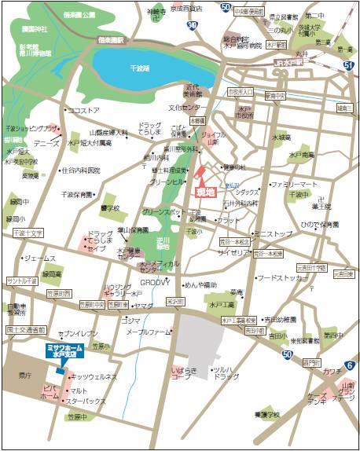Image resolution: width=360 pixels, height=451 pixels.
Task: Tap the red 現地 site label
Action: pyautogui.click(x=204, y=191)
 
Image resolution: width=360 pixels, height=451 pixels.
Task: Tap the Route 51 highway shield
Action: pyautogui.click(x=348, y=66)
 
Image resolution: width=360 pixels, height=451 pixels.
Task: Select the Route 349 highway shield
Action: pyautogui.click(x=192, y=26)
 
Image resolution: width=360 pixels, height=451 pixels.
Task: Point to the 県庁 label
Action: pyautogui.click(x=16, y=377)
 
